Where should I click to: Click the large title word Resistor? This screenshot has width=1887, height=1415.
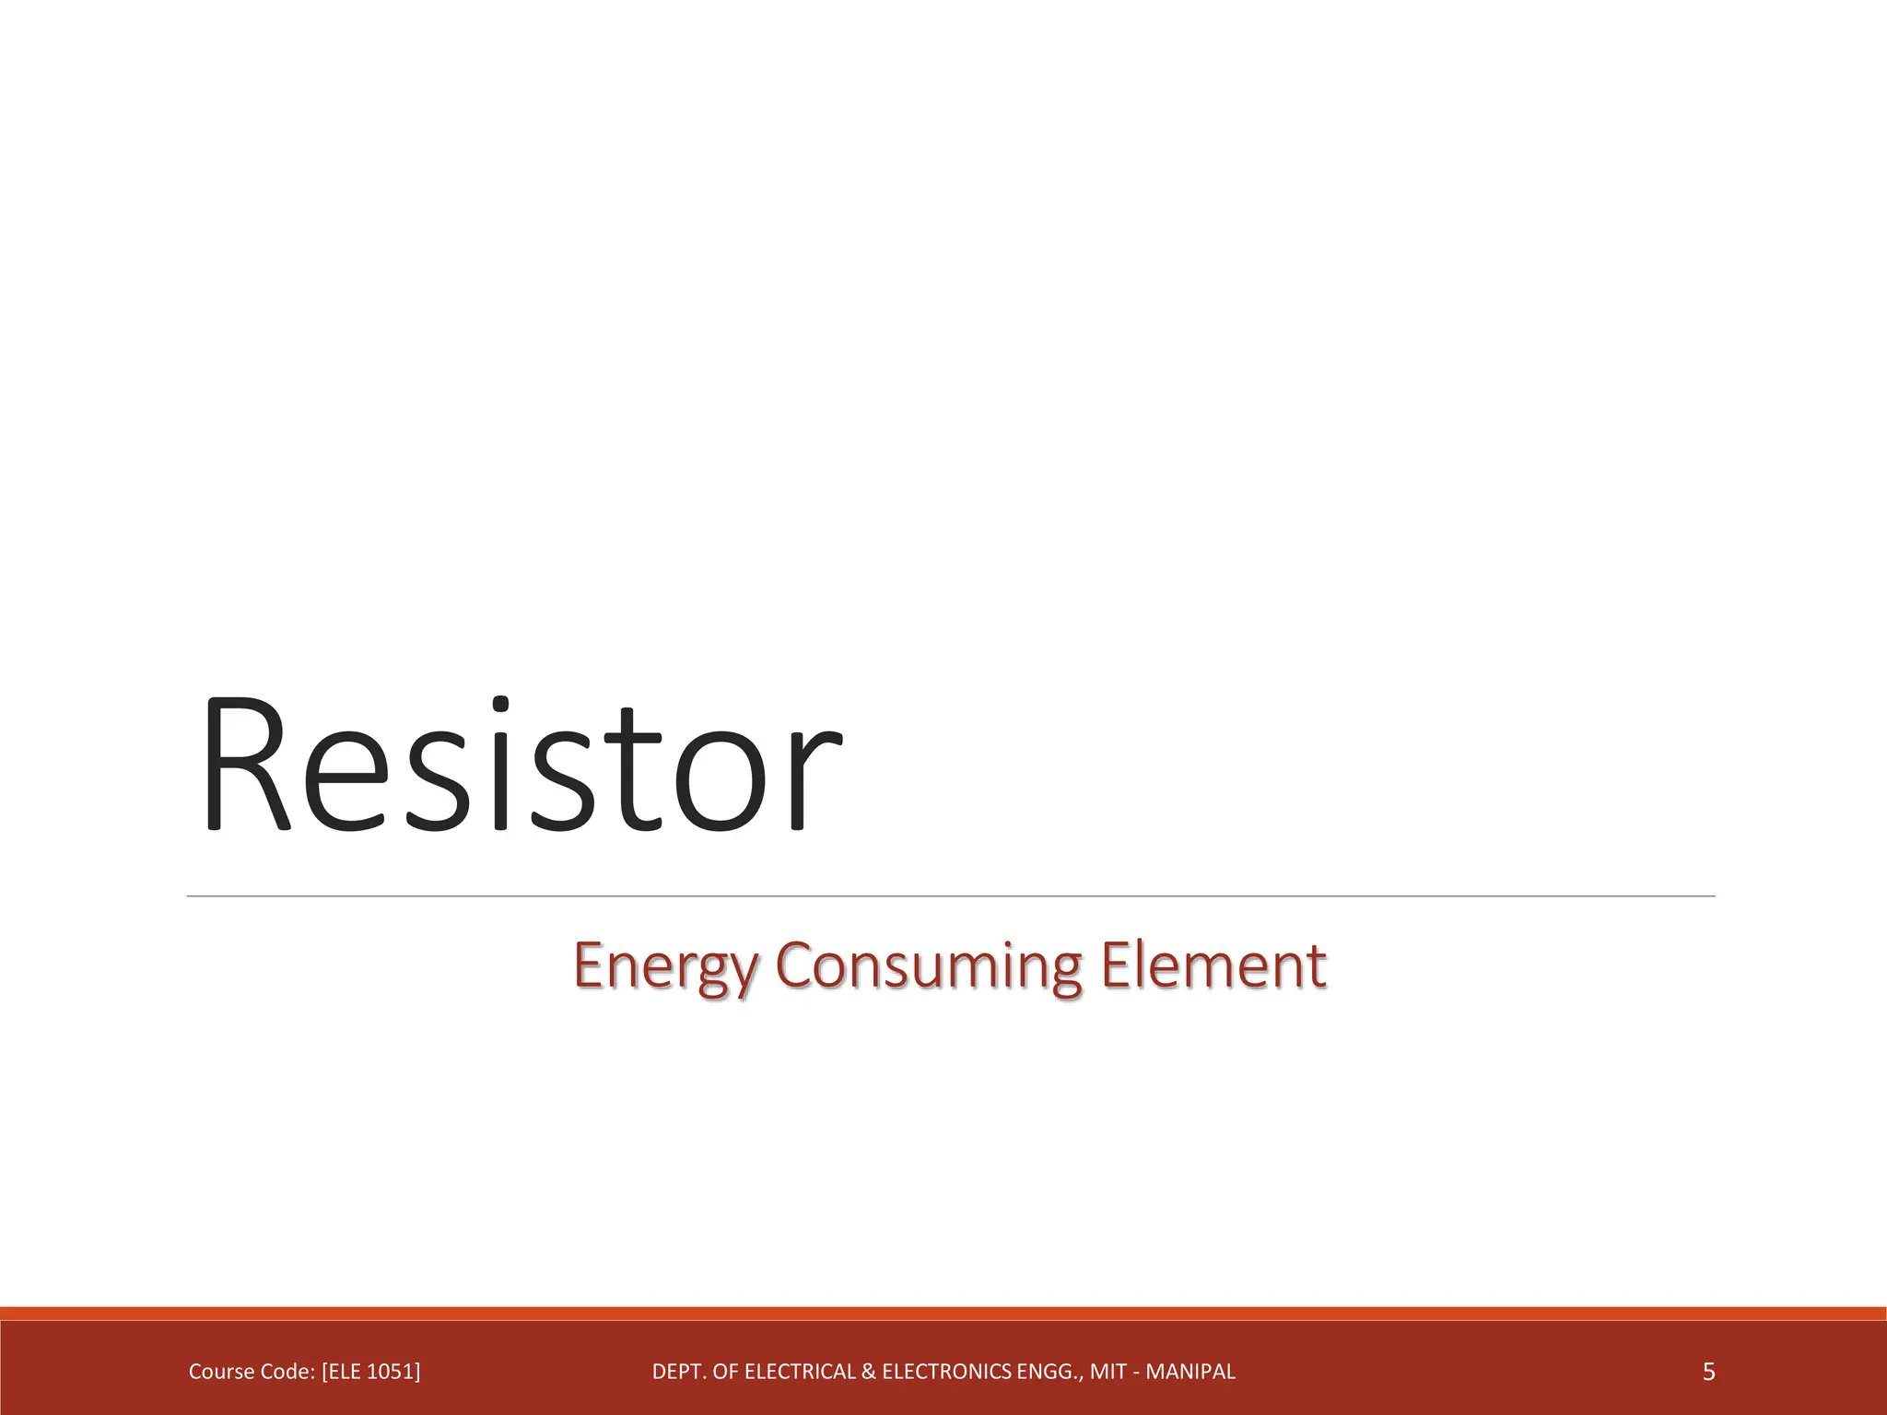(521, 765)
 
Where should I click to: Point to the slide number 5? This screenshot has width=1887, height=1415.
(1708, 1373)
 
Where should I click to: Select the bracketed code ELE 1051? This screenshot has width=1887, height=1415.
(370, 1373)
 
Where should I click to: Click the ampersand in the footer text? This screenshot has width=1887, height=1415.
(869, 1373)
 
